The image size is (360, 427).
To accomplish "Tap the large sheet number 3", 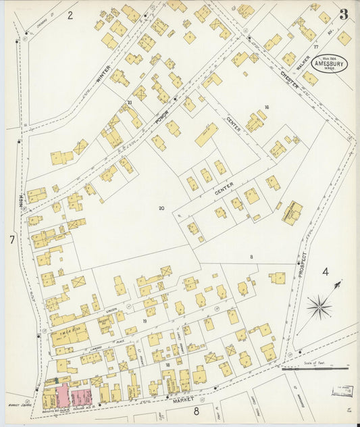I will pos(344,14).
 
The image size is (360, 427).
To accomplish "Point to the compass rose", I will pos(319,307).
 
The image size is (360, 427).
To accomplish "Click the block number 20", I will pos(161,208).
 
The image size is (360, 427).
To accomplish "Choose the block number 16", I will pos(267,107).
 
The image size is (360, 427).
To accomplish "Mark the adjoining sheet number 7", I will pos(11,240).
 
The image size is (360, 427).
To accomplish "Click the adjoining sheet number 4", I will pos(325,272).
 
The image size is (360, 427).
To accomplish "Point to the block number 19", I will pos(145,321).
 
